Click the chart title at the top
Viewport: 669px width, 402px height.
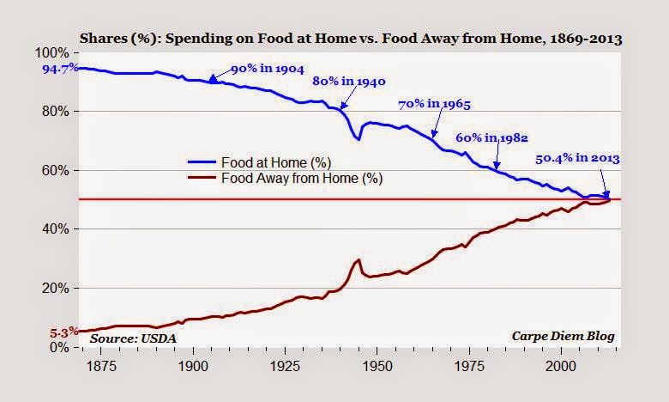(351, 39)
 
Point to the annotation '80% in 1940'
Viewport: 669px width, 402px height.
(349, 82)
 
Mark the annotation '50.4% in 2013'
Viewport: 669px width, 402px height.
(577, 158)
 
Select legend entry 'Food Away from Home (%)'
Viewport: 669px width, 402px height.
(301, 179)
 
